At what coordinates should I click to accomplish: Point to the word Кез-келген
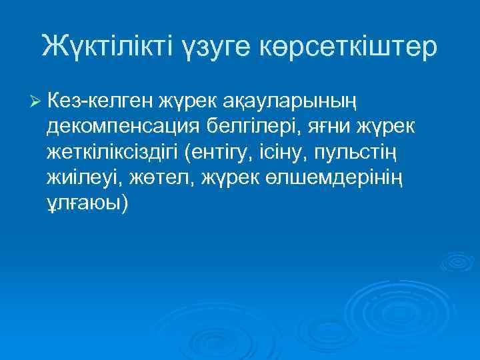pyautogui.click(x=101, y=101)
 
